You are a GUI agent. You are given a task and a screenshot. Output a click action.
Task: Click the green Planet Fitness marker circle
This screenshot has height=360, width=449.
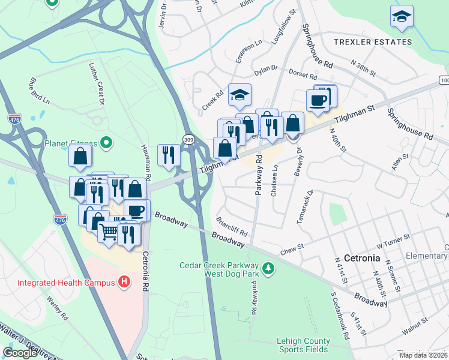(x=106, y=143)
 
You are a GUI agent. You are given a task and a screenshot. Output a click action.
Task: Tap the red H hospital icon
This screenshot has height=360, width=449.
(x=124, y=281)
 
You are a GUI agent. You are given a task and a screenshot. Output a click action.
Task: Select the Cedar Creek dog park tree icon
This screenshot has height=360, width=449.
(x=268, y=268)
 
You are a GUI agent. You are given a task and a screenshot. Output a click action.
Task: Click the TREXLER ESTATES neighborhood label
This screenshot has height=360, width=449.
(x=373, y=42)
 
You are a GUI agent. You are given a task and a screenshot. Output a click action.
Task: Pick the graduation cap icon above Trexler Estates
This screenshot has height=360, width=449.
(x=402, y=17)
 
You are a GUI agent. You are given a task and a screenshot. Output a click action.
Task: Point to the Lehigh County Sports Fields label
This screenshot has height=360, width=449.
(x=303, y=345)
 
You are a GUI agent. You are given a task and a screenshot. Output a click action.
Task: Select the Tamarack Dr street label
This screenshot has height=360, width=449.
(x=305, y=206)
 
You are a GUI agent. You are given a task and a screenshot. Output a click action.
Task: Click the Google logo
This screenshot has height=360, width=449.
(x=20, y=352)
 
